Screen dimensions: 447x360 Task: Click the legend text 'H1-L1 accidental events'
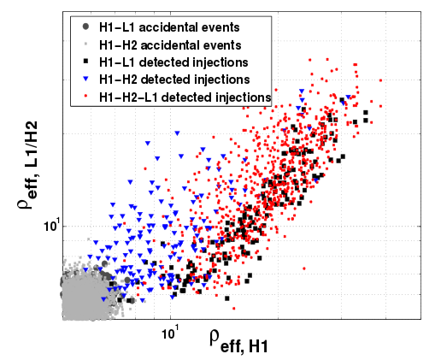tap(169, 27)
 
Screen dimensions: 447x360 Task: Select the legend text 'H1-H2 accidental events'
tap(170, 45)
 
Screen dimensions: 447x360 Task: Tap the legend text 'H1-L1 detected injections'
tap(174, 62)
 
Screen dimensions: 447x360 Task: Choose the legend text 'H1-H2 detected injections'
tap(174, 80)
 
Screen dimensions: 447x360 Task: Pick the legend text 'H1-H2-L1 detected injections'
tap(185, 97)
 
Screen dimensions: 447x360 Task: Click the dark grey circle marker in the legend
tap(85, 27)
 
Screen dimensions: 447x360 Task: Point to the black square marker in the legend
tap(85, 61)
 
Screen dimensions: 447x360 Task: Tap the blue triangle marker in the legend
tap(85, 80)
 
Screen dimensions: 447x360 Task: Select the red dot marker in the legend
tap(85, 97)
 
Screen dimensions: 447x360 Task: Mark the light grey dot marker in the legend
tap(85, 44)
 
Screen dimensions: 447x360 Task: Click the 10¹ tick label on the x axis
tap(170, 333)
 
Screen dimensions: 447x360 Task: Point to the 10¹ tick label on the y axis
tap(51, 226)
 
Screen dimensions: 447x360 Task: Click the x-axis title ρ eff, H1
tap(238, 341)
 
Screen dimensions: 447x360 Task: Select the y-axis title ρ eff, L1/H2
tap(28, 165)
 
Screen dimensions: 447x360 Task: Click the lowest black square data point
tap(227, 298)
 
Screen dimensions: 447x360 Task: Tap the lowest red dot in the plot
tap(234, 308)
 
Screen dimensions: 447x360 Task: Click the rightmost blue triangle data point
tap(348, 97)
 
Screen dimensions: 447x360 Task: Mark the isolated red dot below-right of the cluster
tap(304, 269)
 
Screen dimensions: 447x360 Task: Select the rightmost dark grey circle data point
tap(132, 300)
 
